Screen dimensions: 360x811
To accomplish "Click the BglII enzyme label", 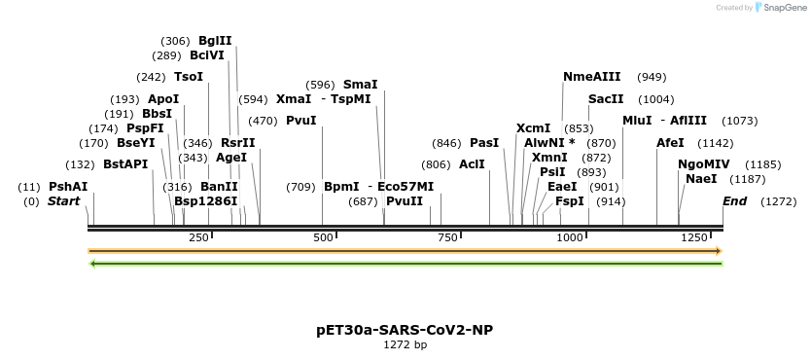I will [215, 41].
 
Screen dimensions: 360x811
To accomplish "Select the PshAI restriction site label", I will [68, 187].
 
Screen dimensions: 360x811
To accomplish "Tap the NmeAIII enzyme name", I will [591, 77].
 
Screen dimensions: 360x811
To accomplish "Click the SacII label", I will [606, 99].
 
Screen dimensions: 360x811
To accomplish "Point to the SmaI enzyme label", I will [361, 85].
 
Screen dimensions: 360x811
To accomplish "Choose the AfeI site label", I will [670, 143].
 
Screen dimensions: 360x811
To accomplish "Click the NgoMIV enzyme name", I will [704, 164].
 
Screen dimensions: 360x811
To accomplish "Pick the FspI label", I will [570, 201].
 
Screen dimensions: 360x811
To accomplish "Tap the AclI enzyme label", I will [472, 164].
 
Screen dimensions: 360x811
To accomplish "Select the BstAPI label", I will [125, 164].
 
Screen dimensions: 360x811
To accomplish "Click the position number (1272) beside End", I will [778, 201].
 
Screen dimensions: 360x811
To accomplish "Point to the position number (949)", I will [652, 77].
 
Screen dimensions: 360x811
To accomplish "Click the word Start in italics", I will [63, 201].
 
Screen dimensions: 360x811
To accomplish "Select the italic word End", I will [735, 201].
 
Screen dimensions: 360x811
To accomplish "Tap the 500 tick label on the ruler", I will [323, 237].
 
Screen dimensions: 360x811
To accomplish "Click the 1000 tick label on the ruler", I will [569, 237].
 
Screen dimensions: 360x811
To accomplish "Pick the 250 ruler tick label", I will [198, 237].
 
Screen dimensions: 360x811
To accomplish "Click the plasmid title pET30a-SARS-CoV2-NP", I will [405, 330].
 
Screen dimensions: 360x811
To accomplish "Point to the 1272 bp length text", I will [405, 344].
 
